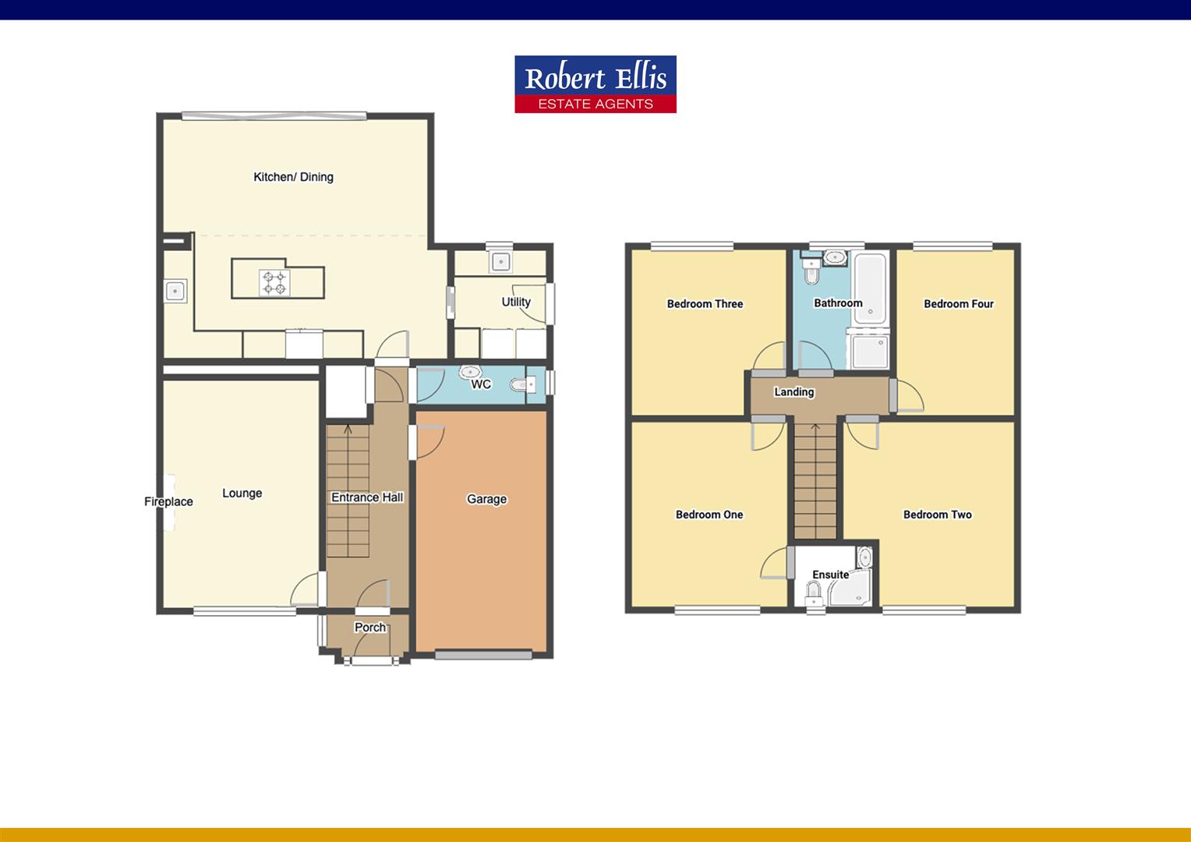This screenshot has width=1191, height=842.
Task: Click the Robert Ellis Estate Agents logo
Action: (595, 84)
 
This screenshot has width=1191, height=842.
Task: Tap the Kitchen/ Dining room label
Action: (293, 177)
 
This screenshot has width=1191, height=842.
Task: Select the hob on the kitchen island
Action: (274, 282)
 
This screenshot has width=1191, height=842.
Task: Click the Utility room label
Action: (516, 302)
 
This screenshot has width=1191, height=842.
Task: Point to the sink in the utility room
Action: (500, 261)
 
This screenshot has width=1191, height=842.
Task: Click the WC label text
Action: (481, 384)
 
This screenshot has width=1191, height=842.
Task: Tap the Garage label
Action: (486, 499)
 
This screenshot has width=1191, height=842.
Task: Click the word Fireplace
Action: (168, 501)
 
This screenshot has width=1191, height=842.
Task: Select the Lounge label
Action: (242, 493)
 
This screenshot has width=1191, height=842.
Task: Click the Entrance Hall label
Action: (367, 497)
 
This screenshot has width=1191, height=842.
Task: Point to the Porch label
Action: (370, 627)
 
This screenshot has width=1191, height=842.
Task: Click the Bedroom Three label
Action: (705, 304)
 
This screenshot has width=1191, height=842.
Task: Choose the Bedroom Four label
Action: (958, 304)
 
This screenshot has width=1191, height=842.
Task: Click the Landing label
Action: (793, 391)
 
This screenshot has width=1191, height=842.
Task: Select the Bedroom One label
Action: (709, 515)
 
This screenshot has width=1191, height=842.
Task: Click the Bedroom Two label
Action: (937, 515)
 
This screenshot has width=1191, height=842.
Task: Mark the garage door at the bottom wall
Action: (483, 655)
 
